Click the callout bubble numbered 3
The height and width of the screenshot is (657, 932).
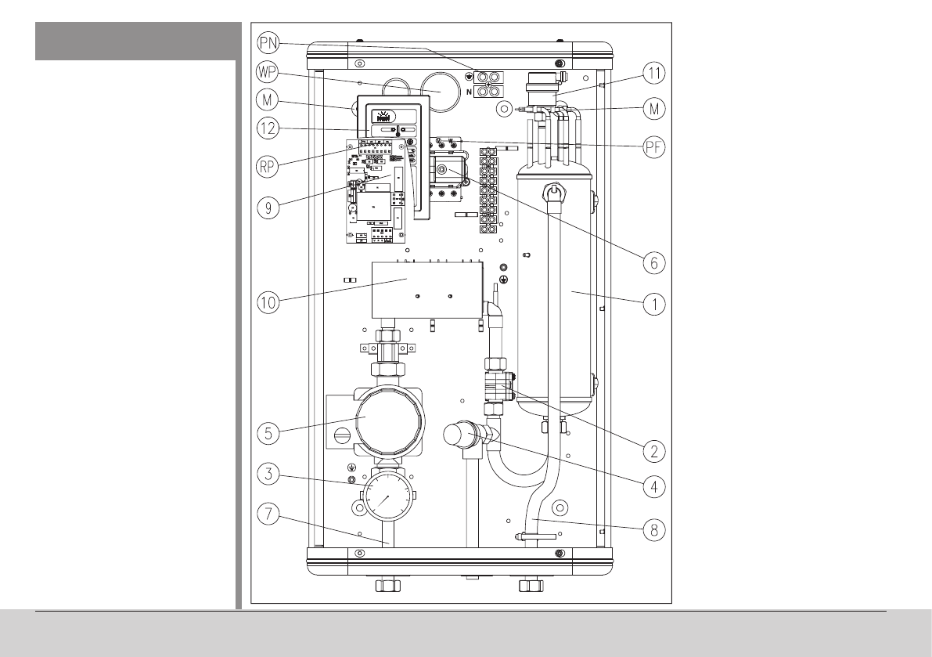point(268,473)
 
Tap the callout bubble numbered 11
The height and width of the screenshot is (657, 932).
point(653,74)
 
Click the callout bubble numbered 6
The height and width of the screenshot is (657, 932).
point(653,262)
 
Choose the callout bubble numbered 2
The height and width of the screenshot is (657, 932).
point(653,451)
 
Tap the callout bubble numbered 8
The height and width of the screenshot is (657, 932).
point(653,529)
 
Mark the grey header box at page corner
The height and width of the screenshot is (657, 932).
point(135,40)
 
